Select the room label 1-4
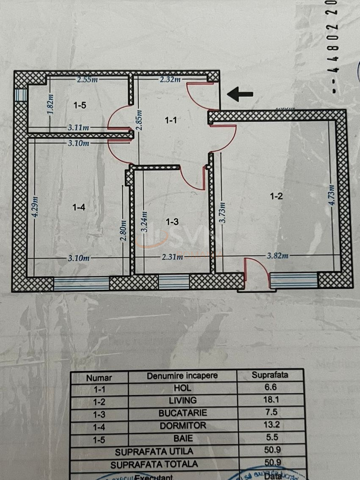[79, 207]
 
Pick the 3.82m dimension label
[278, 255]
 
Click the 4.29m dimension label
[36, 206]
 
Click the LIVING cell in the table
[182, 400]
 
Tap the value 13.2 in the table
[270, 426]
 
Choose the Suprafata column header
[270, 375]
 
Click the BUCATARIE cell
[182, 413]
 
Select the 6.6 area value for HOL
[270, 387]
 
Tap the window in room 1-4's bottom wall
[81, 283]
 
